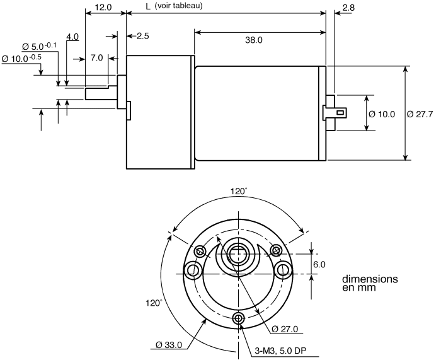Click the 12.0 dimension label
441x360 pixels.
(103, 7)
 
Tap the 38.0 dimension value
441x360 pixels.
(254, 40)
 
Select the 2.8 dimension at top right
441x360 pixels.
(349, 8)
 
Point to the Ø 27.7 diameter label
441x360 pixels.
(420, 114)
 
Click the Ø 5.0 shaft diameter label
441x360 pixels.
(39, 46)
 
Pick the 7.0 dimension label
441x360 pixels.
(96, 58)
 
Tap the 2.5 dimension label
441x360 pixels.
(143, 36)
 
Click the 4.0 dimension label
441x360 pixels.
(72, 37)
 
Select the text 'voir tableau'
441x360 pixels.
(178, 6)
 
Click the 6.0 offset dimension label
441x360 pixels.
(319, 264)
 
